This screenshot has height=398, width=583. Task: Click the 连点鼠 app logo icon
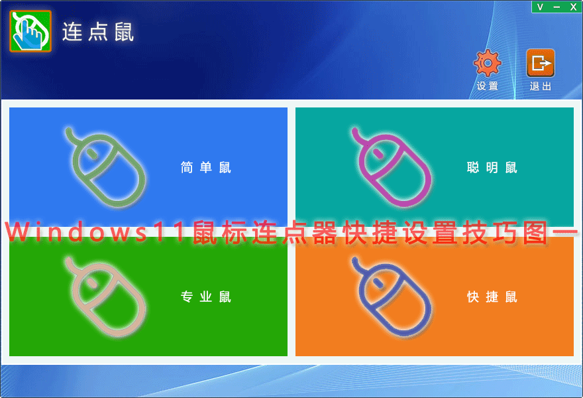point(30,31)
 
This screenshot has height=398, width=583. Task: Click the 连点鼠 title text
point(98,32)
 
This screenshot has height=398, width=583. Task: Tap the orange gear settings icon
point(487,63)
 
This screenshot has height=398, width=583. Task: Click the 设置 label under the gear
point(487,86)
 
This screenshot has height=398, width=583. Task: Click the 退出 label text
point(540,86)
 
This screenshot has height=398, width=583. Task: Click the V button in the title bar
point(540,7)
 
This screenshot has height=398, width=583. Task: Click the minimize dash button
point(556,7)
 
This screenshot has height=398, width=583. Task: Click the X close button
point(573,7)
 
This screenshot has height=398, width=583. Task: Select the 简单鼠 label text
point(205,168)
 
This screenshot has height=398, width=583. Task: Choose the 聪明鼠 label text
point(492,168)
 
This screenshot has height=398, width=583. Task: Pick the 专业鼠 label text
point(205,297)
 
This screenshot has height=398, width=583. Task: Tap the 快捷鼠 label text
point(492,297)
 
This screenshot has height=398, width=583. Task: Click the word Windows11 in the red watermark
point(95,232)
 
